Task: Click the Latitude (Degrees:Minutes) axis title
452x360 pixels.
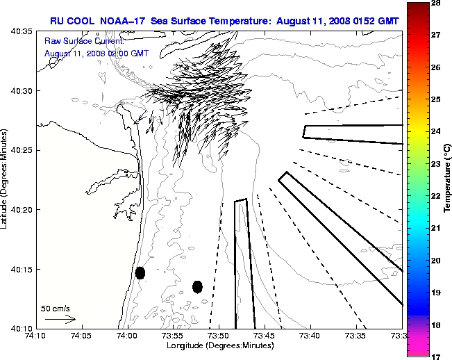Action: [6, 180]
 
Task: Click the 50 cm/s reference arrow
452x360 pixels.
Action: [60, 320]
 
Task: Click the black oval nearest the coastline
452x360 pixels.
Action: [140, 272]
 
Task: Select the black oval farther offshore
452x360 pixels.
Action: [197, 286]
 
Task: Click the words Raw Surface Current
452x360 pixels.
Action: [75, 42]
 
